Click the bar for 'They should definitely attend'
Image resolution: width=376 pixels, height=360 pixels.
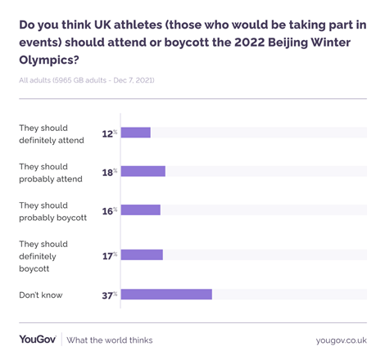136,133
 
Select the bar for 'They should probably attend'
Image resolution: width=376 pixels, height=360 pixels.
143,171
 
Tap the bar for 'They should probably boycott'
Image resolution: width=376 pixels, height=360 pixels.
141,209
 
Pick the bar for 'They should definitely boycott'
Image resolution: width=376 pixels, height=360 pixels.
142,255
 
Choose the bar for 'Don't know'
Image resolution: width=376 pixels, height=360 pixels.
166,294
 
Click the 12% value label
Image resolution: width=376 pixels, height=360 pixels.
109,133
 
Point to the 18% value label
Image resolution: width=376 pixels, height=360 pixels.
109,171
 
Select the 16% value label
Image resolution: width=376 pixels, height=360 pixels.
109,209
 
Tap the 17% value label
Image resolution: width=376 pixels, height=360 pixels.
109,255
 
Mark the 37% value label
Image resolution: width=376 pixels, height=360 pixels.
109,295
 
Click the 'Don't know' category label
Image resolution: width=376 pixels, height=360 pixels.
41,295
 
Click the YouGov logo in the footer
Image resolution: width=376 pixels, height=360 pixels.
37,340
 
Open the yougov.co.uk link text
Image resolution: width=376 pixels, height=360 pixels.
341,340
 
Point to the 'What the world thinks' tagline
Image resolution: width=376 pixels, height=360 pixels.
110,340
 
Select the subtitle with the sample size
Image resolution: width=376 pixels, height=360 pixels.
87,79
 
